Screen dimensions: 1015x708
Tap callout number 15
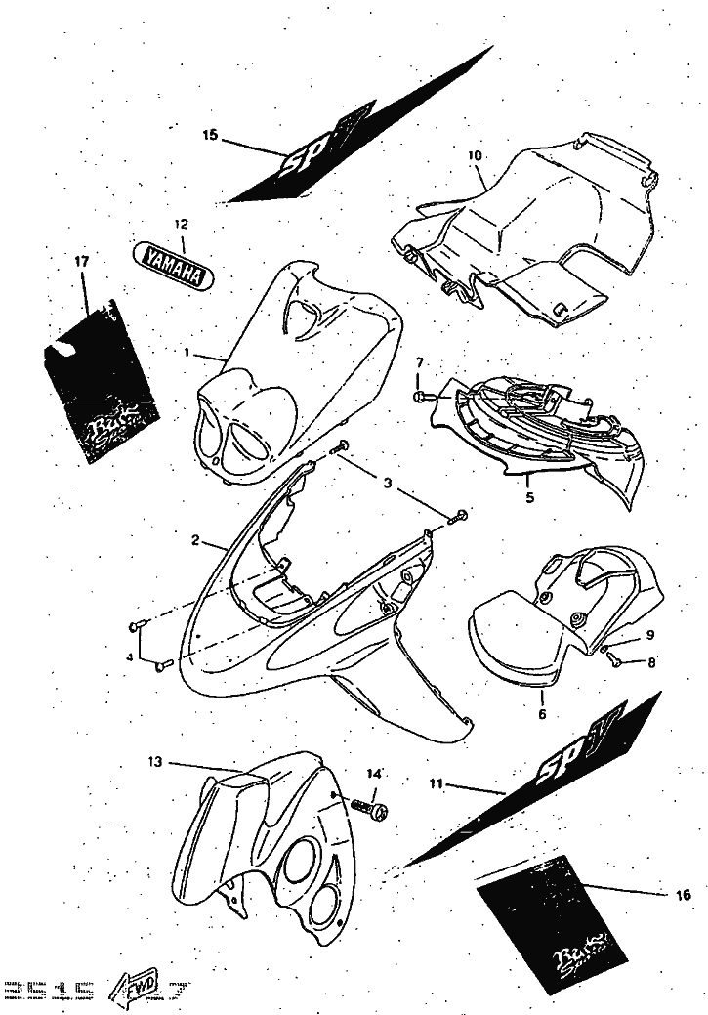pos(211,136)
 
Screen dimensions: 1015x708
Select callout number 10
pos(476,155)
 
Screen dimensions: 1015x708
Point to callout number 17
pos(81,261)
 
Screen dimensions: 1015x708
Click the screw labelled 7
pos(418,398)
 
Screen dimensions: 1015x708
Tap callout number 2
pos(195,539)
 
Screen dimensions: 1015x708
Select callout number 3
pos(388,483)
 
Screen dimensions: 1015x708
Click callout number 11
pos(437,782)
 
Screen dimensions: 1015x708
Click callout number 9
pos(649,636)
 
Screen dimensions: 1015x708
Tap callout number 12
pos(180,224)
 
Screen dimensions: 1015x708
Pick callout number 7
pos(419,363)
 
